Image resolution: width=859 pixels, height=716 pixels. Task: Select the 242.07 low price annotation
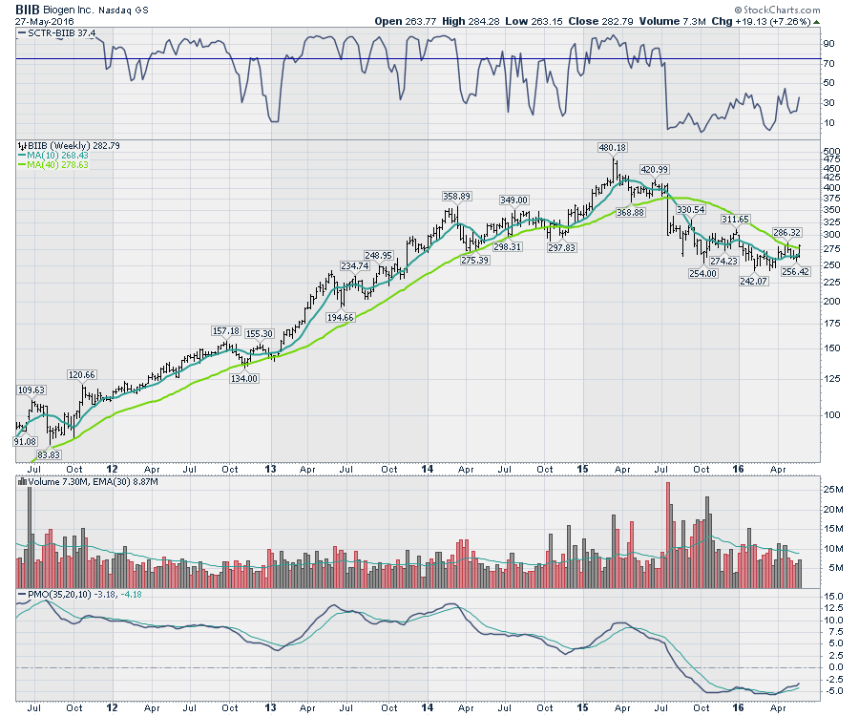click(x=754, y=282)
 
